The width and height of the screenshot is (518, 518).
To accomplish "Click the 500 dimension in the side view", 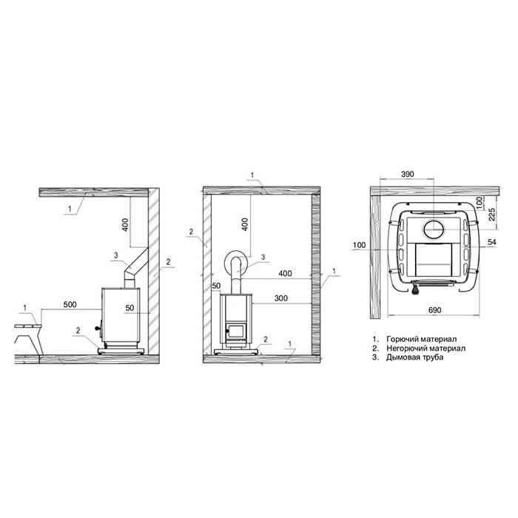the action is (70, 304).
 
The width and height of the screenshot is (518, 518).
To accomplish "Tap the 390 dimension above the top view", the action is (407, 174).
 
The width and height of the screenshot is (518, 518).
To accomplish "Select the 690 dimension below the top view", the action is (434, 310).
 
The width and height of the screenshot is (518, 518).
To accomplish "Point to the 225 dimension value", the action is (492, 215).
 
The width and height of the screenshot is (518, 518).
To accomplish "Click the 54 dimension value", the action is (492, 242).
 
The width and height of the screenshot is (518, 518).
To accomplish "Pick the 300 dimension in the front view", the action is (280, 298).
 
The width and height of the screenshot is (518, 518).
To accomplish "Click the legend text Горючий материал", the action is (422, 339).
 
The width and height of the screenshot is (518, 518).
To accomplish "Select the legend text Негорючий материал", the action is (425, 349).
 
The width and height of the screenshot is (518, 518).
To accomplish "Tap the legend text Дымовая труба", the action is (414, 357).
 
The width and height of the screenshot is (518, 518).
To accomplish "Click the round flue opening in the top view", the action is (434, 229).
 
